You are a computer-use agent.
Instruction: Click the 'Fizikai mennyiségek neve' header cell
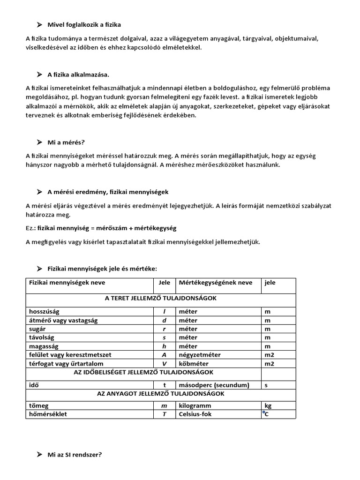coord(67,283)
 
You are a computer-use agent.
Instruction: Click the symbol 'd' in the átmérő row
coord(164,320)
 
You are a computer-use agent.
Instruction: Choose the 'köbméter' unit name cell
coord(194,363)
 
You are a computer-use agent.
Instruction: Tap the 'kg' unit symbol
coord(268,405)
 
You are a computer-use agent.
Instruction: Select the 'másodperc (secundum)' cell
coord(213,385)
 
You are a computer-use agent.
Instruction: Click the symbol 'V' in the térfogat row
coord(164,363)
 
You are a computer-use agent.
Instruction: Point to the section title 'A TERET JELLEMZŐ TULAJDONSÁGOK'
coord(160,298)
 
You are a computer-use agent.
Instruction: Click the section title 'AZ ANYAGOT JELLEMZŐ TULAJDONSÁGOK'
coord(160,394)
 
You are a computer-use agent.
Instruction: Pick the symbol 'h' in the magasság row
coord(164,346)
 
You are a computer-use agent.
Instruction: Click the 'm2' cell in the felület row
coord(269,355)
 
